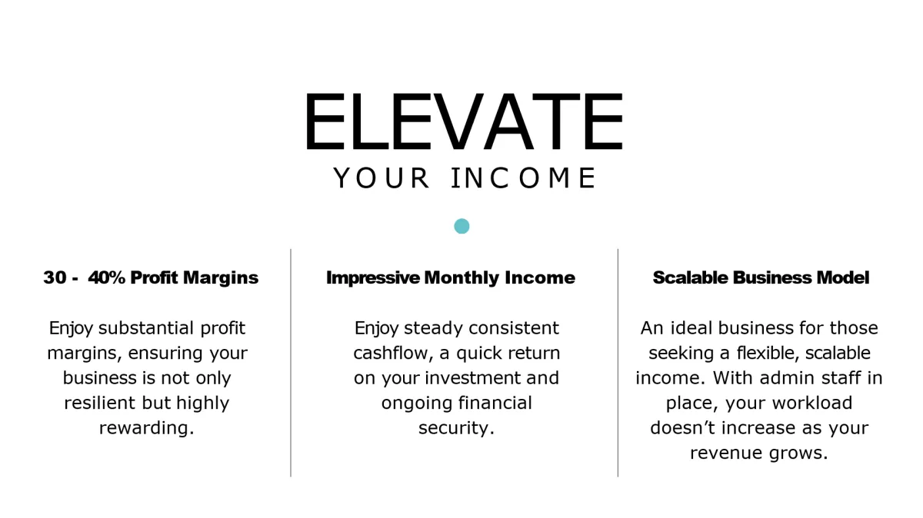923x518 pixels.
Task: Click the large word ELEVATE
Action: pyautogui.click(x=462, y=123)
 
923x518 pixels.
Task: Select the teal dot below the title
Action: pyautogui.click(x=461, y=226)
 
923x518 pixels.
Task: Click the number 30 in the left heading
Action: pyautogui.click(x=55, y=278)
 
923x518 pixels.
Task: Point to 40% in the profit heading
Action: pyautogui.click(x=107, y=278)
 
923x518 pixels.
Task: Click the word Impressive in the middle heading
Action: pyautogui.click(x=373, y=278)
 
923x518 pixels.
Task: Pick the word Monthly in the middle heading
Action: pyautogui.click(x=461, y=278)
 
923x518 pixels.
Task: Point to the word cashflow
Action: pyautogui.click(x=393, y=354)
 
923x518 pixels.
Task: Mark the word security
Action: pyautogui.click(x=456, y=428)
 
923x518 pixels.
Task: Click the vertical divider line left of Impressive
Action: pyautogui.click(x=291, y=361)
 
